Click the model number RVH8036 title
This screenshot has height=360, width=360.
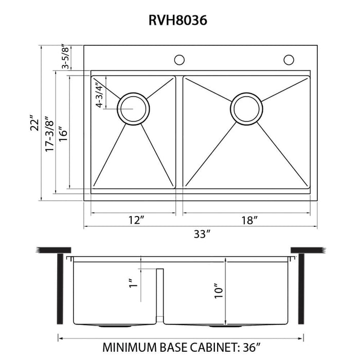coord(179,20)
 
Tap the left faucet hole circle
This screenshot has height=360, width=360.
coord(179,60)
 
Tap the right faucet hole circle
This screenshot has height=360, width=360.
coord(288,60)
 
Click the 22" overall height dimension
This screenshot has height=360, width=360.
coord(34,123)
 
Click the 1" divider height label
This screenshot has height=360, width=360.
coord(133,283)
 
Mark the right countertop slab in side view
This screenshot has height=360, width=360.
coord(308,250)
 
